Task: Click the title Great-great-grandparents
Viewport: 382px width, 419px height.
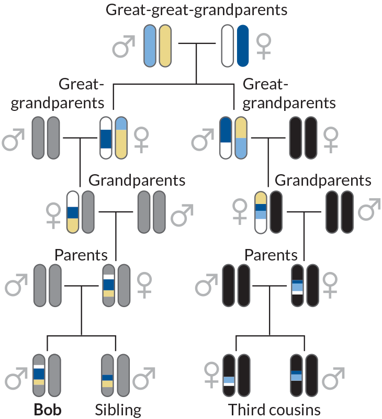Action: [196, 10]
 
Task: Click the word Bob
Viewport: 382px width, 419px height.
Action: [48, 409]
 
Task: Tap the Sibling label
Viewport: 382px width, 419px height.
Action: [118, 409]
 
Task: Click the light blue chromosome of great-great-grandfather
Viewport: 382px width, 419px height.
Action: [150, 46]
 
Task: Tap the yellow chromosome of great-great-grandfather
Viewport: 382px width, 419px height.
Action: [165, 46]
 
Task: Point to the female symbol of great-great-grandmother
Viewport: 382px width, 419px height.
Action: [263, 47]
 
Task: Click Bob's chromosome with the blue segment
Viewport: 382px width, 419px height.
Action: [39, 375]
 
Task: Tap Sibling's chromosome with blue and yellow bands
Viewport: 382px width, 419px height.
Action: [108, 375]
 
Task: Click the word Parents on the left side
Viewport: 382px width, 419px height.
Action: [81, 255]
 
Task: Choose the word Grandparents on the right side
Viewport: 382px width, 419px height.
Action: [323, 180]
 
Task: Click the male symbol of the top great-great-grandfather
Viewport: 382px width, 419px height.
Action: [124, 47]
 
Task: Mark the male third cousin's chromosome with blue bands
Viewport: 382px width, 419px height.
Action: [296, 375]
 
